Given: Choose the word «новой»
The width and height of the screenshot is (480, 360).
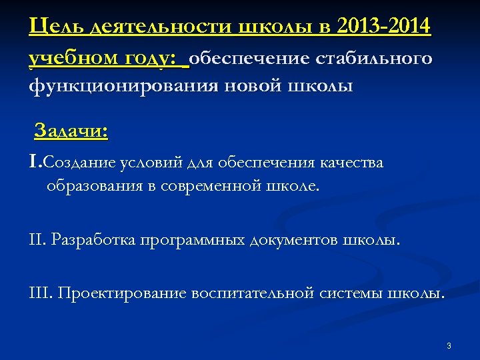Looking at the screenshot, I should pyautogui.click(x=241, y=87).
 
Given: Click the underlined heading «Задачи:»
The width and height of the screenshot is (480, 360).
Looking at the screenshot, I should pyautogui.click(x=71, y=130).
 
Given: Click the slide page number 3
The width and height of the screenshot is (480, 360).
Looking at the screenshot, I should pyautogui.click(x=449, y=345).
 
